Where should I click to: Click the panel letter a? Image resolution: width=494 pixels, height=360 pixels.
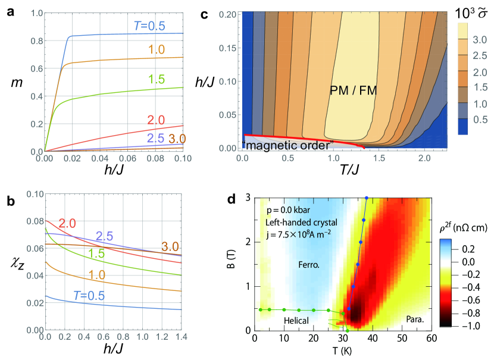click(x=11, y=14)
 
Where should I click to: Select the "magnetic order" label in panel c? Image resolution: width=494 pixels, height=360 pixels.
click(x=288, y=144)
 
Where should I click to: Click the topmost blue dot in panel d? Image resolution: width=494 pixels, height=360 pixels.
click(x=367, y=198)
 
